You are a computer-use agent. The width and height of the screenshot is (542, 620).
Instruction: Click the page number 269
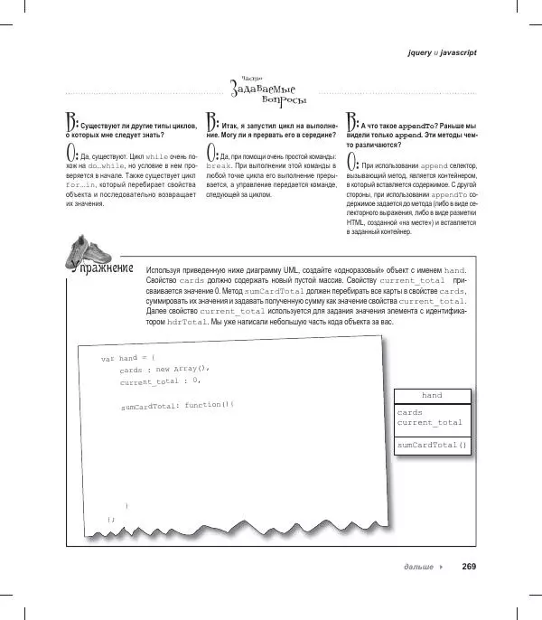[468, 567]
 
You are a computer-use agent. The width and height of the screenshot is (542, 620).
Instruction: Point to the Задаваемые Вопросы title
[268, 91]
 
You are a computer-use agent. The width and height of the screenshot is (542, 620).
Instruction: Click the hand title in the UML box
[431, 395]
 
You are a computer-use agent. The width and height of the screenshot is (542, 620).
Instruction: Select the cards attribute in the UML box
[409, 412]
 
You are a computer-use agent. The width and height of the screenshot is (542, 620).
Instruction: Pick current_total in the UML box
[429, 422]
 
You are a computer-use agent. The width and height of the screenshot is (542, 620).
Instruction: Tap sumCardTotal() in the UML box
[431, 445]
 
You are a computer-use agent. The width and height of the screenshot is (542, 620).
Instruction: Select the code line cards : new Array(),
[164, 370]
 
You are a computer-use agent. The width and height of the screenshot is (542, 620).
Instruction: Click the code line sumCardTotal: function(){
[177, 406]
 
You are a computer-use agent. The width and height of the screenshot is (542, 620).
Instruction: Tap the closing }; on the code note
[111, 520]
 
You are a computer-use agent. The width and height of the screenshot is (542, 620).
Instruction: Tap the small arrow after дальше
[440, 567]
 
